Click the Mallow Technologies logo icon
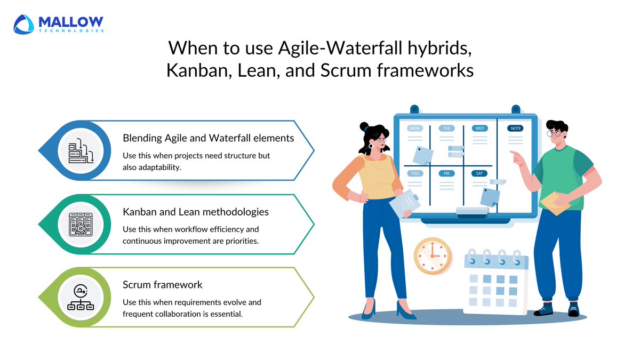coord(25,24)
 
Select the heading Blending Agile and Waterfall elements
coord(209,138)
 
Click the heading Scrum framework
coord(162,285)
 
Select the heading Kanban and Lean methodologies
coord(196,212)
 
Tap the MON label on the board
coord(414,129)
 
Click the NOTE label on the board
coord(515,129)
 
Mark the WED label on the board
coord(479,129)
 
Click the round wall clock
coord(432,255)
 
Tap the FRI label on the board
coord(446,173)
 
